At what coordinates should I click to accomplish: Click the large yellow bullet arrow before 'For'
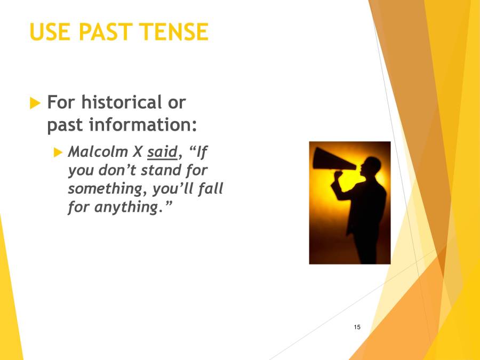(36, 103)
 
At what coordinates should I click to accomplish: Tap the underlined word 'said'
(162, 152)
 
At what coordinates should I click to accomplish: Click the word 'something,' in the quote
(107, 189)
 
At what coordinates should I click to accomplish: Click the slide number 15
(357, 327)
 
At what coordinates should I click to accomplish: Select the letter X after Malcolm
(137, 152)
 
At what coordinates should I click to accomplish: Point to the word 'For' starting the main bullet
(60, 102)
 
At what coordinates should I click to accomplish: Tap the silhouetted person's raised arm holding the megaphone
(341, 184)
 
